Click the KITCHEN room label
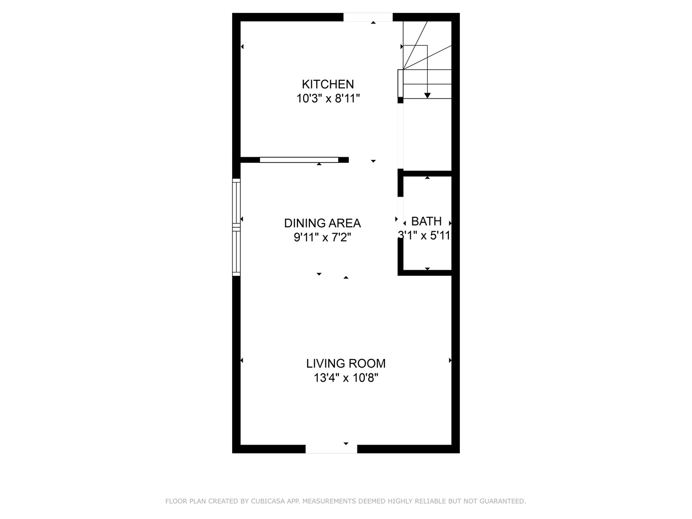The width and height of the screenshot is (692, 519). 328,84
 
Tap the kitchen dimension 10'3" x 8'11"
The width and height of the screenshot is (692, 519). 328,99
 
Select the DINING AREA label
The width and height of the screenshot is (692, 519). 322,223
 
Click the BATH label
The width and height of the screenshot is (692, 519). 427,221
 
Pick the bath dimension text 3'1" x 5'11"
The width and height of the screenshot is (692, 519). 424,235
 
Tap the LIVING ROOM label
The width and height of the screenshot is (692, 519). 346,363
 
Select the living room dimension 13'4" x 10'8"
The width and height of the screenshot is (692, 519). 346,378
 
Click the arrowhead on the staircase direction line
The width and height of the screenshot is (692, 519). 427,96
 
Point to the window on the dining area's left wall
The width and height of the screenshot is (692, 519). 236,227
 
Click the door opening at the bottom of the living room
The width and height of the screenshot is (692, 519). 331,449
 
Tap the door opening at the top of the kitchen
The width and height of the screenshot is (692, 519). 368,17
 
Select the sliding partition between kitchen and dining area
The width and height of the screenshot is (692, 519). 299,160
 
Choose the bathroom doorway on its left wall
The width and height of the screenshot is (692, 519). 400,217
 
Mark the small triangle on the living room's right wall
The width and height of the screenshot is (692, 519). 450,360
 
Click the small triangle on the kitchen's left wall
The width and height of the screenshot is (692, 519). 242,47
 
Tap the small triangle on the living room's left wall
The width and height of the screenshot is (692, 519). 242,360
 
